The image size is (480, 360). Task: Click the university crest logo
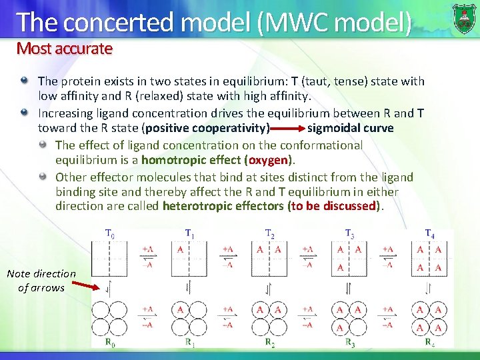click(464, 18)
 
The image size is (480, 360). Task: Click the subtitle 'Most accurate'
click(65, 48)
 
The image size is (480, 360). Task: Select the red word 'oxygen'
click(270, 160)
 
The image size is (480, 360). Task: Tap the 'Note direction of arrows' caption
click(41, 281)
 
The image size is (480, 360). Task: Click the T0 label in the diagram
click(110, 234)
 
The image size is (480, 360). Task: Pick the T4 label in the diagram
click(430, 234)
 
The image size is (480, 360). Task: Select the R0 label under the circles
click(109, 343)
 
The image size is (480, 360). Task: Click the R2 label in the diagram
click(269, 343)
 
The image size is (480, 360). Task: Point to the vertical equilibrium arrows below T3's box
click(349, 289)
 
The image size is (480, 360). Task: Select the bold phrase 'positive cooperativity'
click(208, 128)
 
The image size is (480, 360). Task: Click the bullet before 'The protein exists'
click(25, 81)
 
